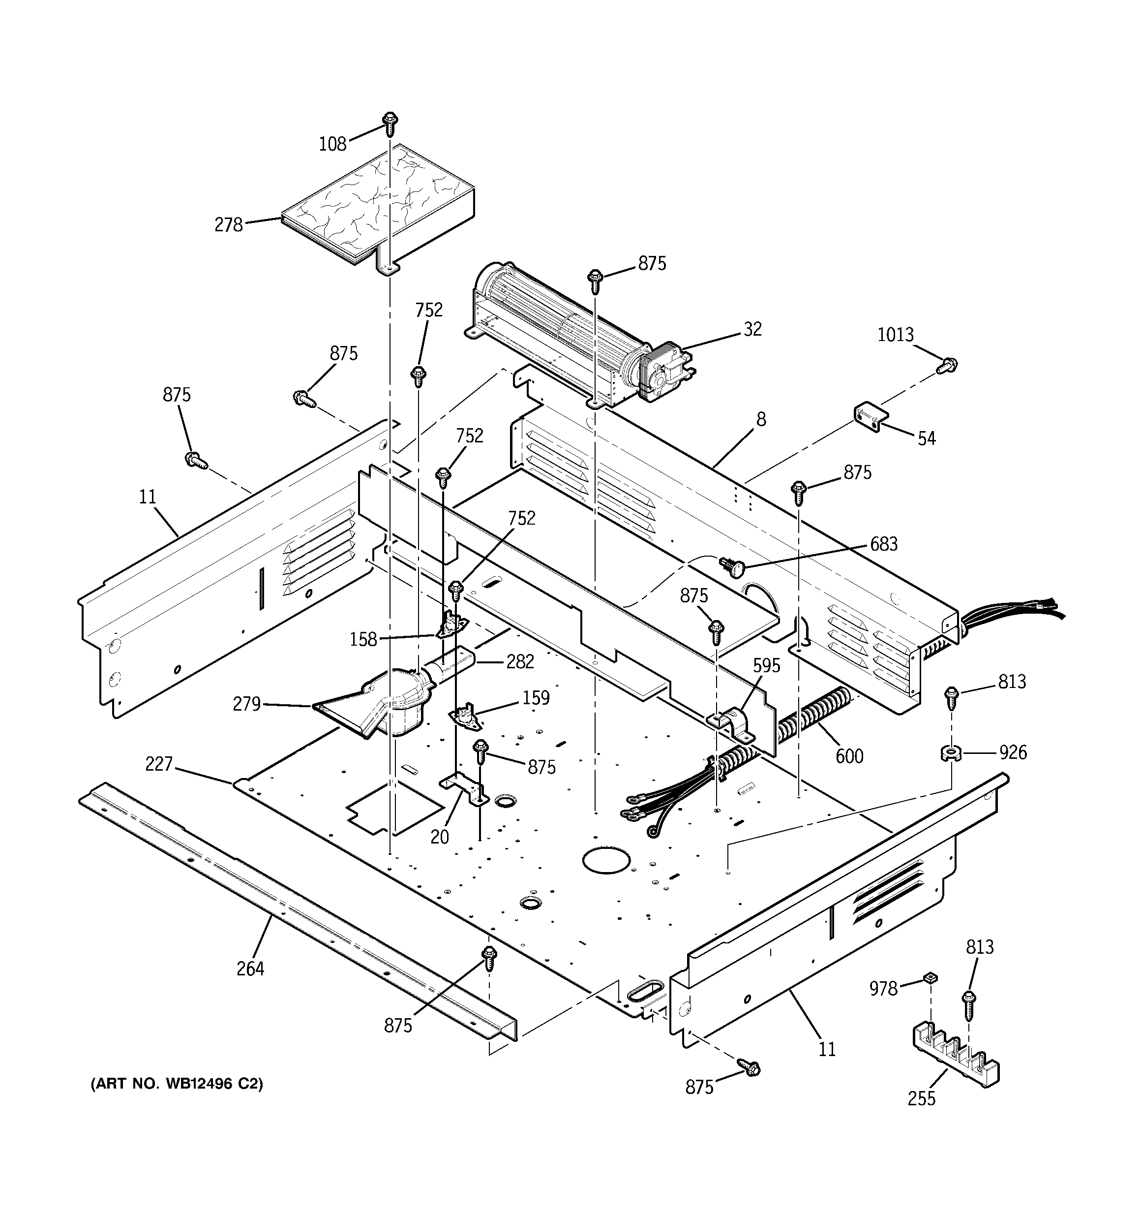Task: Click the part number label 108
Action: pos(332,144)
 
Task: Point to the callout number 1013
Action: pos(896,335)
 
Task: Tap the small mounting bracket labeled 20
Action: pos(464,789)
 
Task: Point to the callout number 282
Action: pos(519,662)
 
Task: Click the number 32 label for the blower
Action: pos(752,329)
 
